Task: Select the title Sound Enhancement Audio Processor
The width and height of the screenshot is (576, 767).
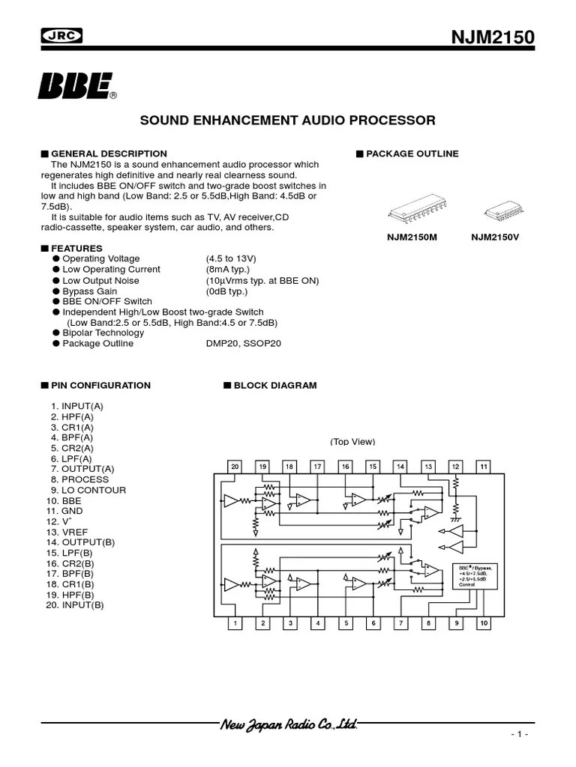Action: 288,120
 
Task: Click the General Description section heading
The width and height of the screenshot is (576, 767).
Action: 108,154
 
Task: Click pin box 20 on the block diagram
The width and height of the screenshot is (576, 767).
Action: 235,467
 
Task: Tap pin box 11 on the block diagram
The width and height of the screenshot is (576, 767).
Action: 484,467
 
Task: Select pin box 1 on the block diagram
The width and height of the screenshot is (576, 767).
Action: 235,623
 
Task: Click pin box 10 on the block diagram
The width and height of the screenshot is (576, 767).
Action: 484,623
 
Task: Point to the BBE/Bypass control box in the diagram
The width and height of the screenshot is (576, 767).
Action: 472,575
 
